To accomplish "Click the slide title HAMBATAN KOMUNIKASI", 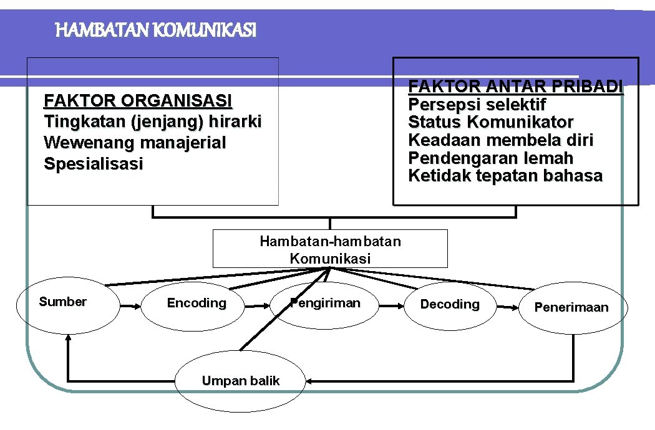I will click(x=156, y=29).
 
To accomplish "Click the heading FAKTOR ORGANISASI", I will click(x=138, y=100).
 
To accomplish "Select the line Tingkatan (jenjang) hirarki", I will click(x=153, y=122).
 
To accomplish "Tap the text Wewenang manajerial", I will click(x=135, y=143).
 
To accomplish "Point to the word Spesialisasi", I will click(x=94, y=164).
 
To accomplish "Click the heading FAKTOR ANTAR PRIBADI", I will click(x=515, y=87).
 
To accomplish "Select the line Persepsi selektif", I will click(x=477, y=104).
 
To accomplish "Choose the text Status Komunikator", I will click(x=491, y=122).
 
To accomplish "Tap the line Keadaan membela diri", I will click(x=500, y=140).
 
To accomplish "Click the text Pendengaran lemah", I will click(x=490, y=158).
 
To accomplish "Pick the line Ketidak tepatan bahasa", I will click(x=505, y=176).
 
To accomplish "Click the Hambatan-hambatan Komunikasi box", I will click(x=330, y=249).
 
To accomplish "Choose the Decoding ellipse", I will click(x=450, y=305).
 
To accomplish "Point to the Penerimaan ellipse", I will click(x=571, y=308).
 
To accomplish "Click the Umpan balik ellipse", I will click(x=240, y=381).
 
